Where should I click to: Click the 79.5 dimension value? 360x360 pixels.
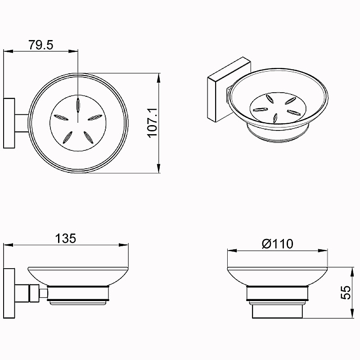click(x=41, y=45)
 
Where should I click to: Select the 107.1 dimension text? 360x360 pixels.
click(x=153, y=123)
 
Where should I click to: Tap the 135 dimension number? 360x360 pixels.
click(x=65, y=238)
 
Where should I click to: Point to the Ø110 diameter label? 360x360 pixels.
click(x=277, y=244)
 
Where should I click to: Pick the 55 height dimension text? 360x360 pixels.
click(x=346, y=292)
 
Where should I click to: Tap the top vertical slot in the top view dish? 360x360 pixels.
click(x=78, y=105)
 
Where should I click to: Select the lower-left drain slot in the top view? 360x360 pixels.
click(x=67, y=138)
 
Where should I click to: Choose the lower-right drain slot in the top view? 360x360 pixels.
click(x=88, y=137)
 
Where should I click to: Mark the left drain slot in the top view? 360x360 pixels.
click(x=61, y=117)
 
